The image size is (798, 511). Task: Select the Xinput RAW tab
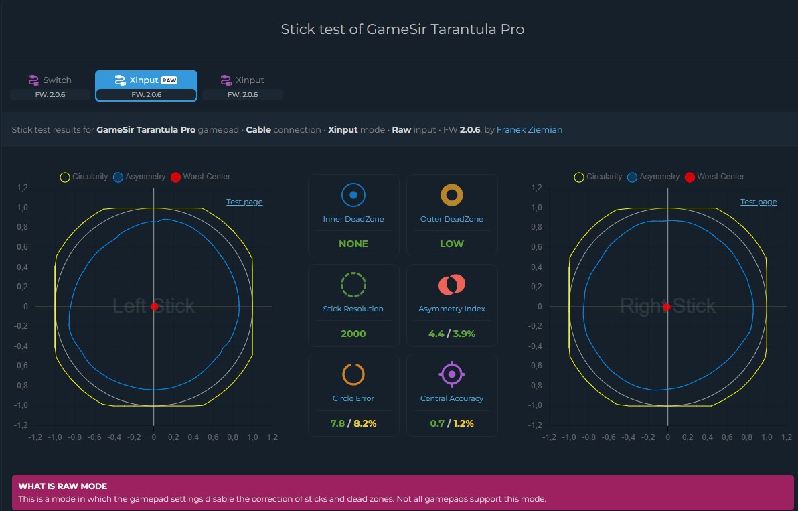pyautogui.click(x=146, y=86)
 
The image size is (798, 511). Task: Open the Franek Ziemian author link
pyautogui.click(x=530, y=130)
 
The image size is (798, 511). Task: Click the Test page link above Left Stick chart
pyautogui.click(x=244, y=202)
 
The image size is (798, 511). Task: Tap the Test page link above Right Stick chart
pyautogui.click(x=759, y=202)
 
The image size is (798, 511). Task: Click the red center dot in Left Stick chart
pyautogui.click(x=154, y=306)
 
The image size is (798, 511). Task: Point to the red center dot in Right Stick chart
pyautogui.click(x=667, y=307)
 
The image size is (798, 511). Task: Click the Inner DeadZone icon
pyautogui.click(x=353, y=195)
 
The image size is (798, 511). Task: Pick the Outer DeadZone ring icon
pyautogui.click(x=451, y=195)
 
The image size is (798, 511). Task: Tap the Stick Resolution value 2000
pyautogui.click(x=353, y=334)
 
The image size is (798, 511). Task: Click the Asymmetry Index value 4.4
pyautogui.click(x=436, y=334)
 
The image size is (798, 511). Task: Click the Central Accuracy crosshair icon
pyautogui.click(x=451, y=374)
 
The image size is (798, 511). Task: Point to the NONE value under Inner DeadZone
pyautogui.click(x=353, y=244)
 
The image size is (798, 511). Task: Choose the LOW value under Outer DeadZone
pyautogui.click(x=451, y=244)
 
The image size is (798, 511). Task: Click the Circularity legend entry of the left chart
pyautogui.click(x=84, y=177)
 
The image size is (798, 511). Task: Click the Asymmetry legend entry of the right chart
pyautogui.click(x=653, y=177)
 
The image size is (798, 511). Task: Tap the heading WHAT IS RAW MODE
pyautogui.click(x=63, y=486)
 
